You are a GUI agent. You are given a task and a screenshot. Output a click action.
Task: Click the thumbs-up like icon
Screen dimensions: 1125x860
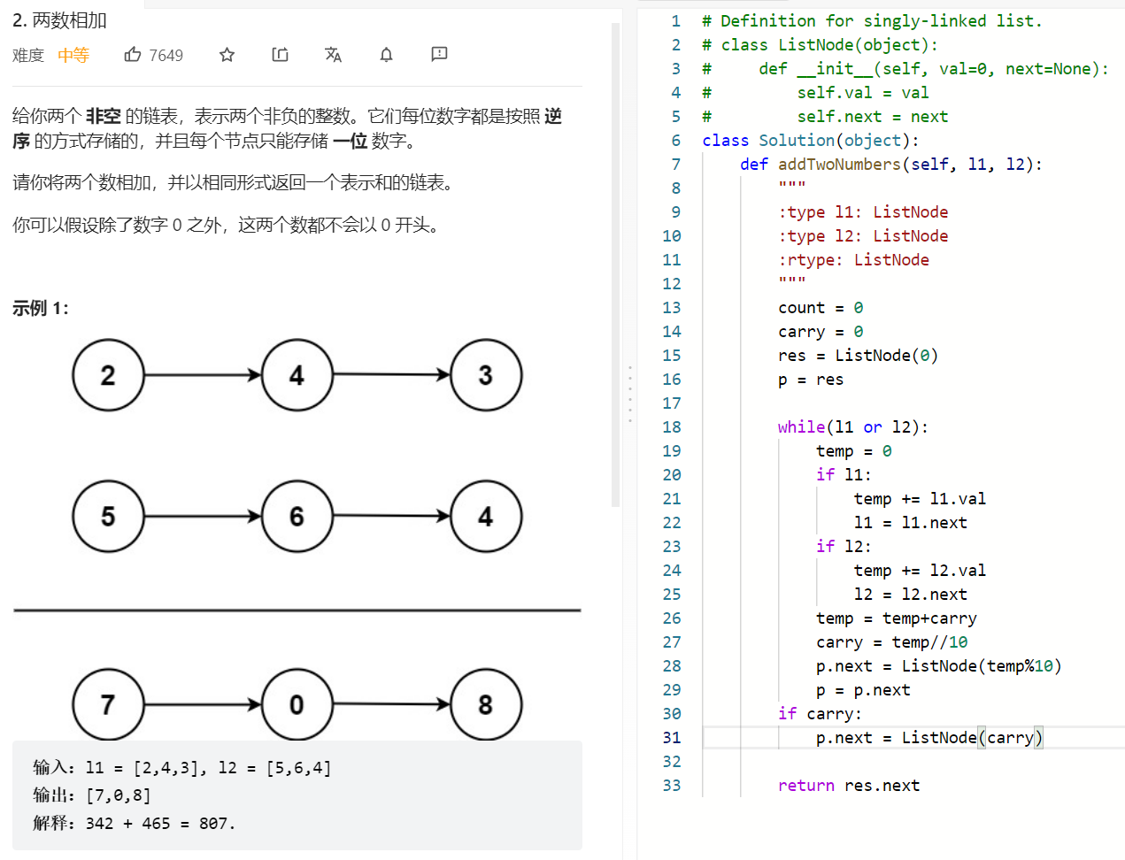(x=132, y=54)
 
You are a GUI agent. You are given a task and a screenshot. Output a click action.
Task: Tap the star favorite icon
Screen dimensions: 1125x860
(x=227, y=54)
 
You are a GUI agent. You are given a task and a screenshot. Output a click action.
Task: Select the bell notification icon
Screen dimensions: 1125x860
(x=387, y=54)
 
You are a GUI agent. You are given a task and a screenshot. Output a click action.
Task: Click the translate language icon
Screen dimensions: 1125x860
(x=333, y=54)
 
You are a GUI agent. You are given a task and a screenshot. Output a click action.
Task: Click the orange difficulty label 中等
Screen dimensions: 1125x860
(x=73, y=55)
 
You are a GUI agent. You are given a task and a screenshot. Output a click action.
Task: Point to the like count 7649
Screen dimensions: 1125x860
(x=166, y=55)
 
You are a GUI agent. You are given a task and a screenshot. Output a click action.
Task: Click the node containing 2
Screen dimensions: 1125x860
(x=108, y=375)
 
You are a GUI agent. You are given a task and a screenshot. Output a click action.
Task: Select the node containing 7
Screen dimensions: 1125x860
(x=108, y=704)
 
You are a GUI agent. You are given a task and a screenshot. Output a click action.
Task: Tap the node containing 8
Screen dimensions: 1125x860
(x=486, y=704)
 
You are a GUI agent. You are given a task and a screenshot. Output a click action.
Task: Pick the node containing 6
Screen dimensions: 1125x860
(x=297, y=517)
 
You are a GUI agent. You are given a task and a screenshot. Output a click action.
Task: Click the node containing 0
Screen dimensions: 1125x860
(x=297, y=704)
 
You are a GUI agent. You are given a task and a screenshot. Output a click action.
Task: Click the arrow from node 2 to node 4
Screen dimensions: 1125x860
(x=203, y=375)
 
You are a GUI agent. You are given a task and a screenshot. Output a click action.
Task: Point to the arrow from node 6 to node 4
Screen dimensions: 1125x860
(x=392, y=516)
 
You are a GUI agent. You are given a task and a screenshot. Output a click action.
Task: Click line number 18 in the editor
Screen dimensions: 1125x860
(x=672, y=427)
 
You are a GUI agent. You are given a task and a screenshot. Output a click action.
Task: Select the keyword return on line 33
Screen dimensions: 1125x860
(x=805, y=786)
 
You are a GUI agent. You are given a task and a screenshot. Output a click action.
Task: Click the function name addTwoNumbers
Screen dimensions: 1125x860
(x=839, y=165)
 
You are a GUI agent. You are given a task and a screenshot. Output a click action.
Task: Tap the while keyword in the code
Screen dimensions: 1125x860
(x=801, y=427)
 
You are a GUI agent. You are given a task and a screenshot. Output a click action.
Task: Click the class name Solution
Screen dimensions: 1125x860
(x=797, y=141)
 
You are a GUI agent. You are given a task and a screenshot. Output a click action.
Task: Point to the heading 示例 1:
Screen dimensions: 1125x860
(x=41, y=309)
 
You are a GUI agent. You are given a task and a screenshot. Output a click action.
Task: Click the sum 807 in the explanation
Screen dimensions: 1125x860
(x=212, y=824)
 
